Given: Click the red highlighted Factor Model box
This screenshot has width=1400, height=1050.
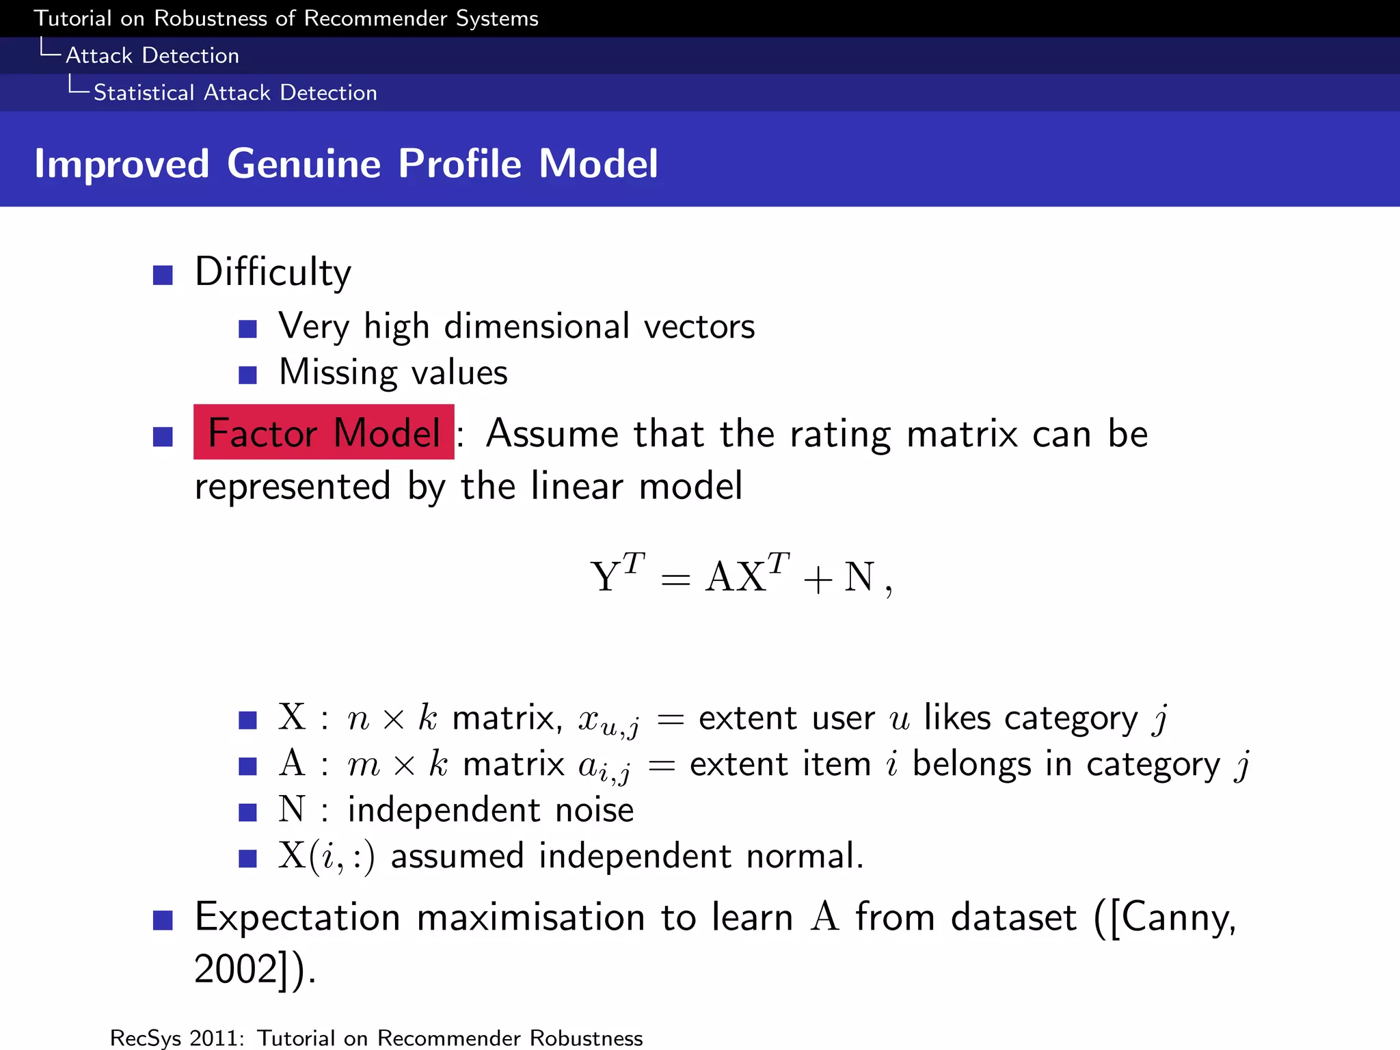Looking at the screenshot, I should click(323, 432).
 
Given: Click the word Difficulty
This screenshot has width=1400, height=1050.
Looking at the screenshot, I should click(273, 272).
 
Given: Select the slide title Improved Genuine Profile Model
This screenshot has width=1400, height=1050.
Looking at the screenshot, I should click(346, 163).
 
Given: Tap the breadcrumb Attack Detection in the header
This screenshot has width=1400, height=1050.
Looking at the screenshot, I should click(152, 55).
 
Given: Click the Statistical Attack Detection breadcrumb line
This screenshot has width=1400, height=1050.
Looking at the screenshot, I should click(234, 92).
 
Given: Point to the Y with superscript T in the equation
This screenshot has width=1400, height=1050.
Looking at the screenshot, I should click(615, 575).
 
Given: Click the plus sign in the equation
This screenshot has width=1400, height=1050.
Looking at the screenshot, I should click(818, 580).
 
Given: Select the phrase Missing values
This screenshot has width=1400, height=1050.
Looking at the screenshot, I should click(393, 373).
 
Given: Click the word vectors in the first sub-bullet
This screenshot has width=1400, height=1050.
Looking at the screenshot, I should click(699, 326).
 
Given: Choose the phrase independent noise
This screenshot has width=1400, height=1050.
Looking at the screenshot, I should click(490, 810).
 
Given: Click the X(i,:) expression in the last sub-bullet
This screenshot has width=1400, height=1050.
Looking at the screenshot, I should click(327, 856).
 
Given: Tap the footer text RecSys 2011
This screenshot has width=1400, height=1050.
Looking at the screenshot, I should click(176, 1038).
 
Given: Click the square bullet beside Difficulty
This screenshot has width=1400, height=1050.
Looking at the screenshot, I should click(163, 275).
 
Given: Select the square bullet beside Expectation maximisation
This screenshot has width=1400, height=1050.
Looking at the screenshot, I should click(163, 920).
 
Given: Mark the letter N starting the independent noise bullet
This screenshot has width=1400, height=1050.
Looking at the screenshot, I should click(292, 809).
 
